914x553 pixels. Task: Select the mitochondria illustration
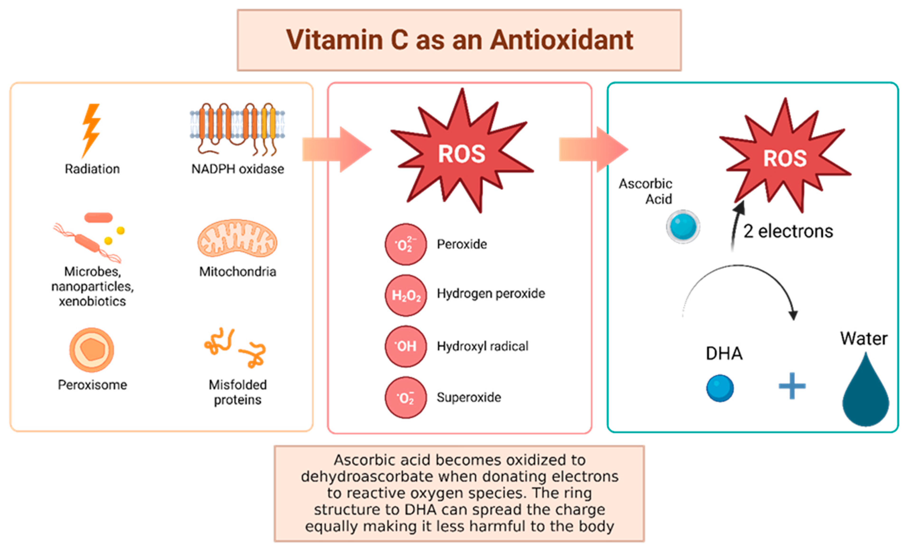(237, 238)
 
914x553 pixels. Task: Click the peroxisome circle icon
(92, 350)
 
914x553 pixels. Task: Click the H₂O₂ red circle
(406, 296)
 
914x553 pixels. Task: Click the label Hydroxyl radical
(482, 346)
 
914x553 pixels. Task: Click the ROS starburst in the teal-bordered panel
(784, 158)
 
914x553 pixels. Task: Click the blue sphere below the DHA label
(720, 388)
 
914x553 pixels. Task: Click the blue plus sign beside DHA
(792, 386)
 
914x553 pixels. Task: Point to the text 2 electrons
(788, 231)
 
